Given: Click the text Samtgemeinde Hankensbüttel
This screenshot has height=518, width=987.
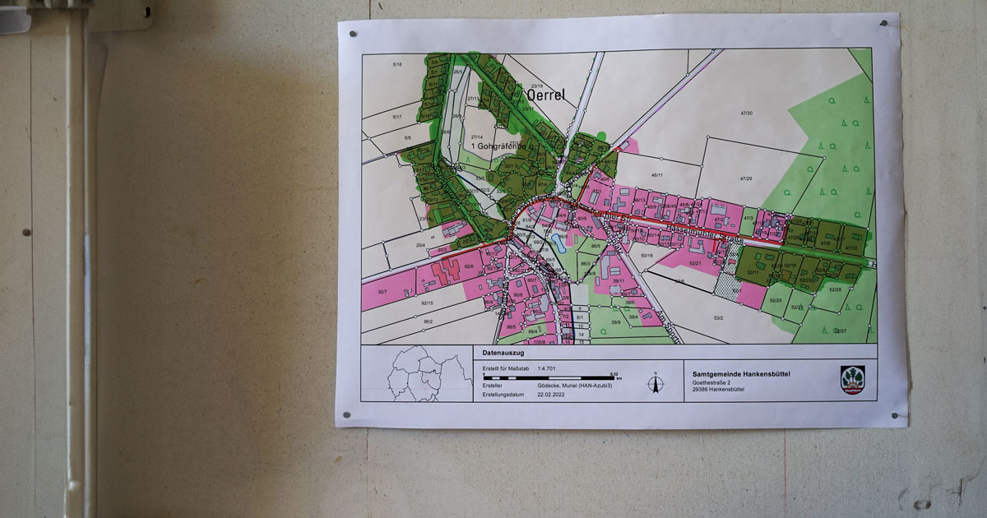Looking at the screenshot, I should [741, 372].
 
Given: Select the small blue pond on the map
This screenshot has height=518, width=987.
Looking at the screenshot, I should [558, 241].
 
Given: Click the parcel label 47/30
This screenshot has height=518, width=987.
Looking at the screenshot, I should [746, 113].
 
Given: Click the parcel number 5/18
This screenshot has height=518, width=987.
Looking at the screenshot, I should [398, 64].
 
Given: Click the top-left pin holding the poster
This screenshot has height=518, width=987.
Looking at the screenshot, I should [353, 35].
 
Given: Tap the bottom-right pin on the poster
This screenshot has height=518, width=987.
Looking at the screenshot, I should [895, 417].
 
